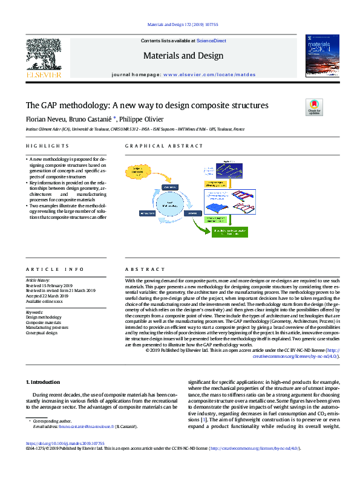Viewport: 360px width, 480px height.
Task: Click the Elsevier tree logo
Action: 44,57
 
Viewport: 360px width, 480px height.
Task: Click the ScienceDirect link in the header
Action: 212,41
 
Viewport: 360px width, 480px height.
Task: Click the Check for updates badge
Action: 315,108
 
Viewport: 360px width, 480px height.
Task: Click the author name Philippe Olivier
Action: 140,118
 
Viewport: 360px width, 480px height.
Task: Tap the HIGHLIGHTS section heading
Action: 47,146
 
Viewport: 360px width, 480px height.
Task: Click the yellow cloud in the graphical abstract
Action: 140,172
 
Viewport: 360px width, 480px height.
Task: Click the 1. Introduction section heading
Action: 44,382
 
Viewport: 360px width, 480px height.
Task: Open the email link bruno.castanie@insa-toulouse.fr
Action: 88,426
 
